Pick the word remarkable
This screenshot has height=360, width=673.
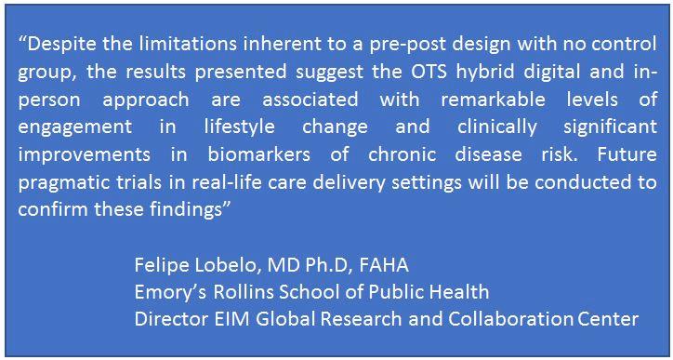click(493, 99)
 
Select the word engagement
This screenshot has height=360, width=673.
click(75, 127)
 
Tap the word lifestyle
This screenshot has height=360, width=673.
click(239, 127)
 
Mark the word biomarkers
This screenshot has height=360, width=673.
click(258, 153)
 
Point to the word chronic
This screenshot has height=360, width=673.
click(402, 153)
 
